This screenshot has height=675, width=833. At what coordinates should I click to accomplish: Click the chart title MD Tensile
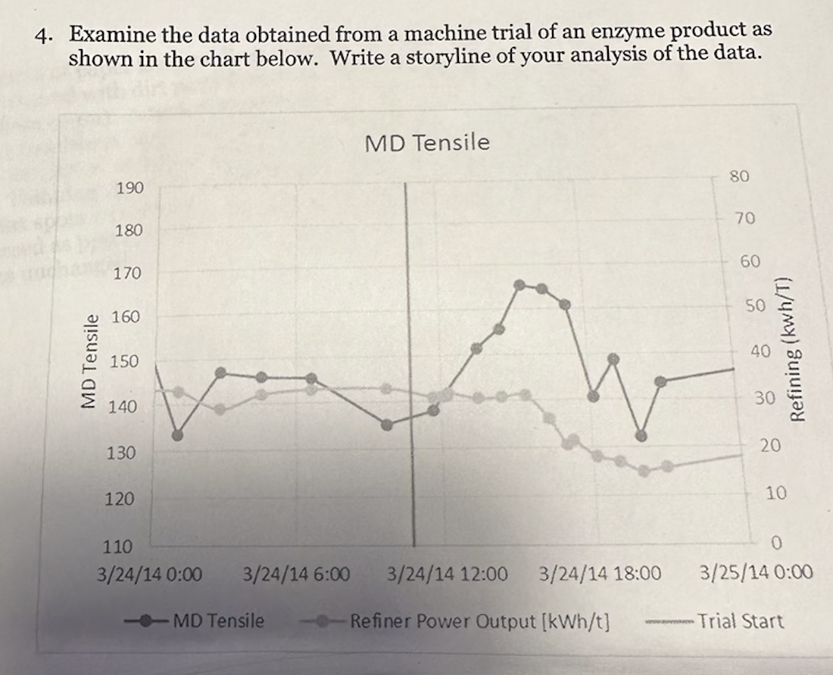point(427,142)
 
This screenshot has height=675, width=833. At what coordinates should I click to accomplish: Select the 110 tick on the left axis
point(117,546)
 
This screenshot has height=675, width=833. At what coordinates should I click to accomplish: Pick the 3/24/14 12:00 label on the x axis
point(447,574)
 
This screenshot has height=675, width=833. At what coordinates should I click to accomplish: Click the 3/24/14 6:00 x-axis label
point(296,574)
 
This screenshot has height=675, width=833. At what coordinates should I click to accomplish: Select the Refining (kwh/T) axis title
point(797,348)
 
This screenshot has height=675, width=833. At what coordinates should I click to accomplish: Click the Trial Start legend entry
point(740,621)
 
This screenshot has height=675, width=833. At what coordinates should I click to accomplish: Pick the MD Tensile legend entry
point(219,621)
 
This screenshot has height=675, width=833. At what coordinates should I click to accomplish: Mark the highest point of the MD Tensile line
point(519,285)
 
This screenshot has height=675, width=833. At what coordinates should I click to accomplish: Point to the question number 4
point(45,34)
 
